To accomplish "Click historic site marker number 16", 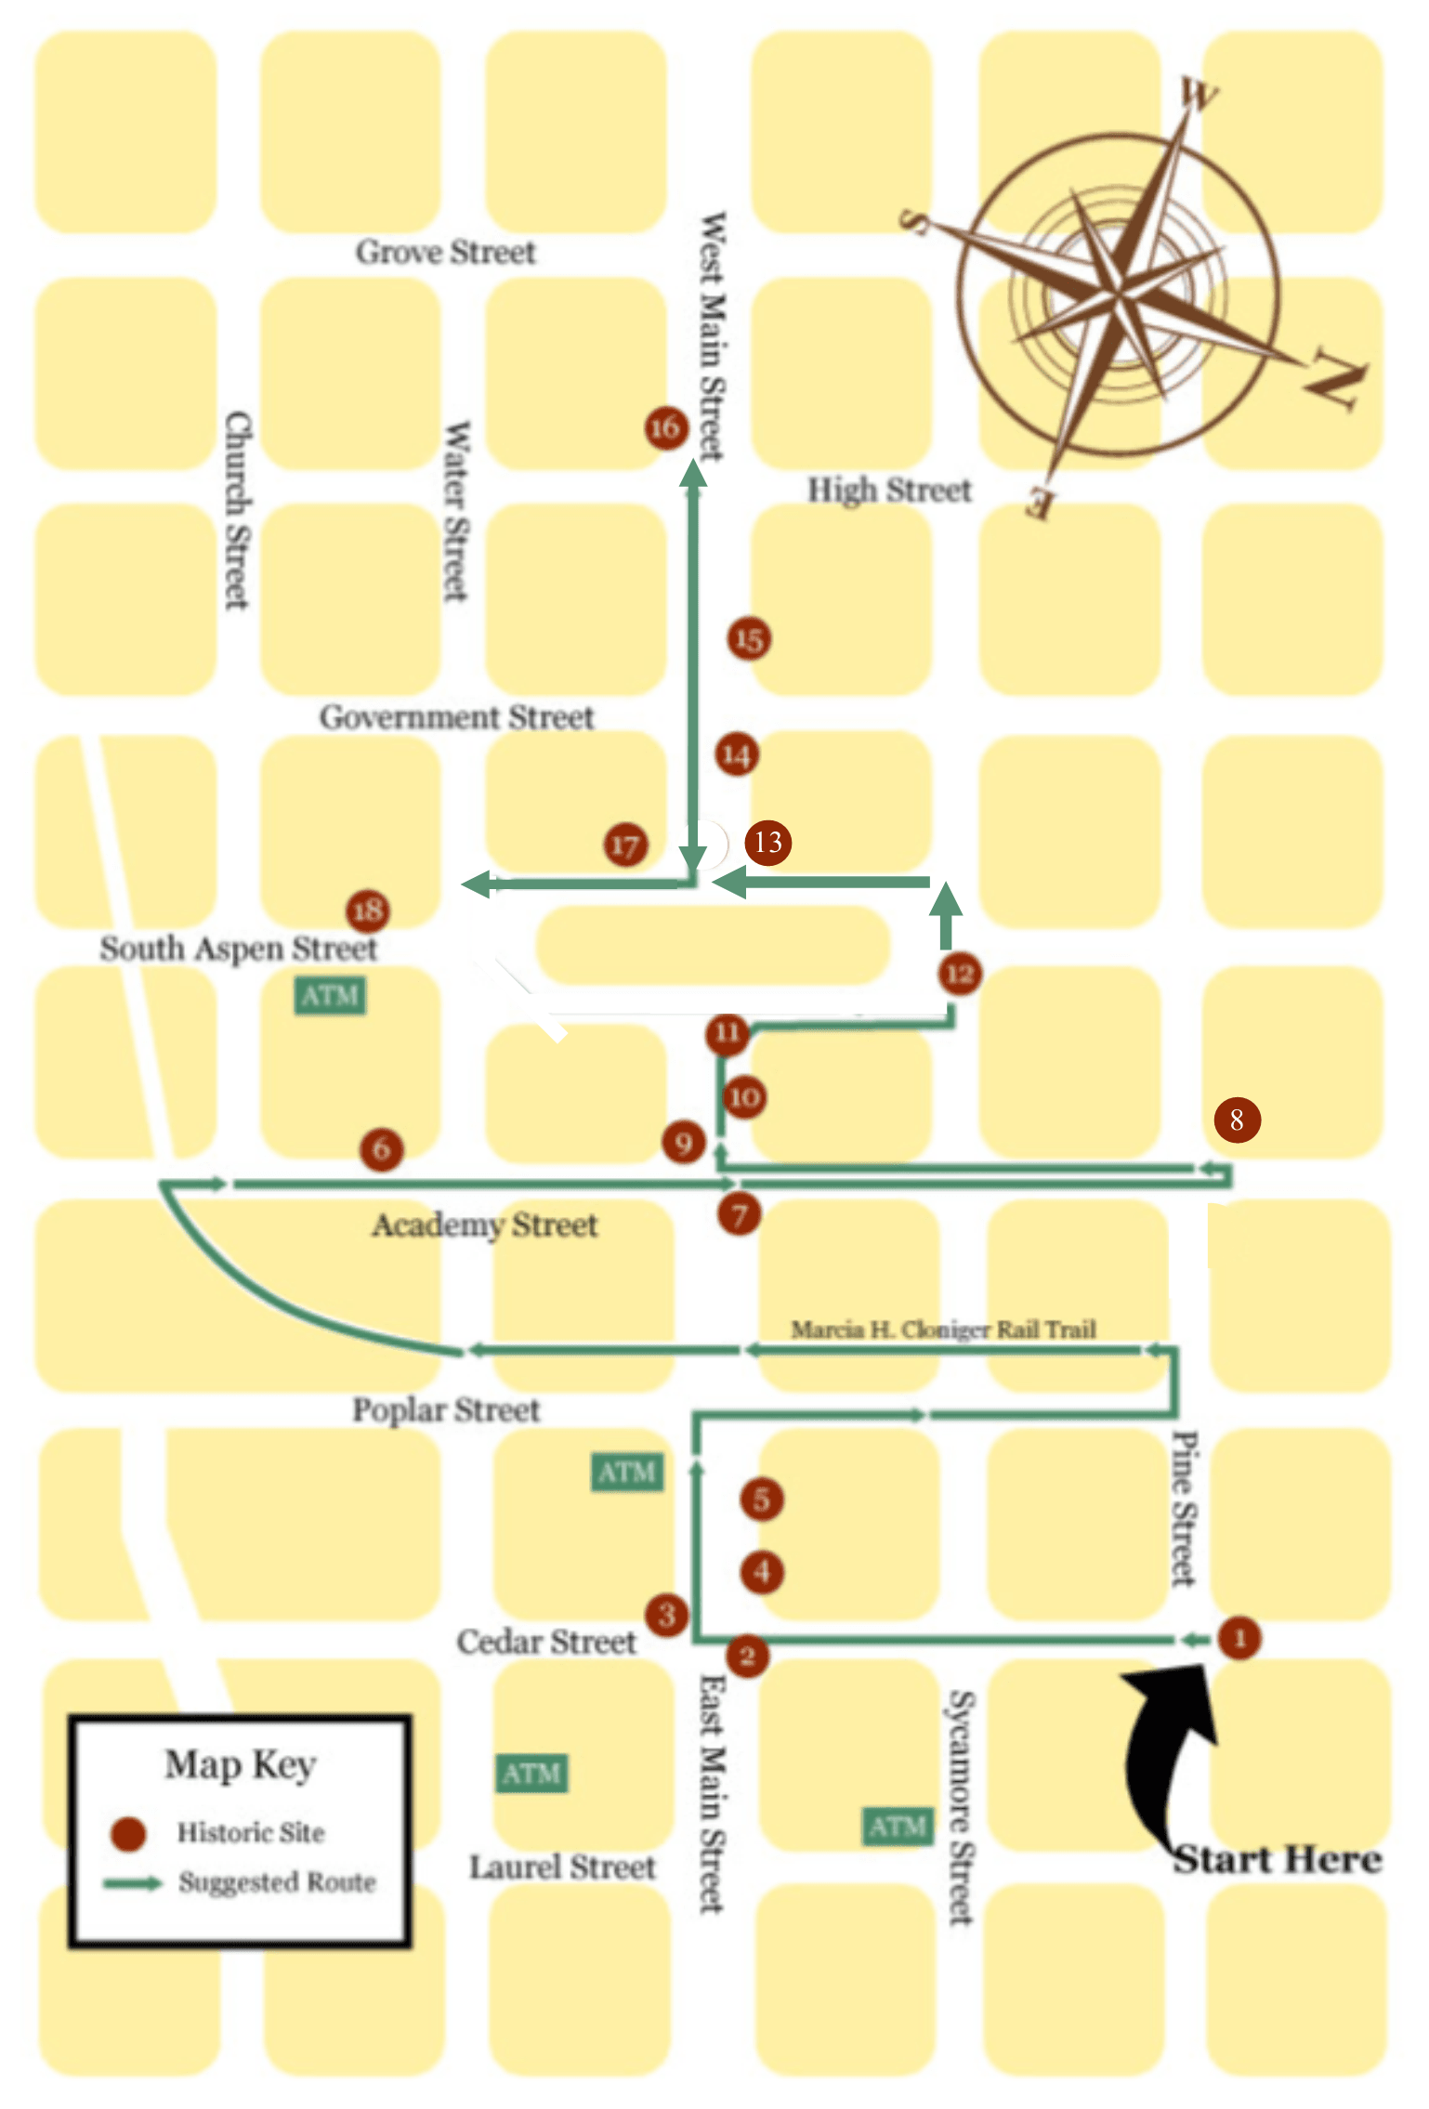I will pyautogui.click(x=665, y=427).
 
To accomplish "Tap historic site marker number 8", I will pyautogui.click(x=1237, y=1120).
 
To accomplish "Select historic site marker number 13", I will pyautogui.click(x=767, y=842).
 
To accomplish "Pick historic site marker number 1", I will pyautogui.click(x=1239, y=1637).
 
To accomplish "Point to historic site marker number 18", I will pyautogui.click(x=368, y=910).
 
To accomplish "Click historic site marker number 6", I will pyautogui.click(x=381, y=1149).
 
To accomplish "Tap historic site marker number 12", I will pyautogui.click(x=960, y=974).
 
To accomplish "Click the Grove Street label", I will pyautogui.click(x=445, y=252).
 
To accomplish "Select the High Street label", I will pyautogui.click(x=888, y=490).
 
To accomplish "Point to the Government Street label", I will pyautogui.click(x=456, y=717).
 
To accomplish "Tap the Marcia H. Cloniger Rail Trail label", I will pyautogui.click(x=943, y=1330).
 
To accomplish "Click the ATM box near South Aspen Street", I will pyautogui.click(x=330, y=996).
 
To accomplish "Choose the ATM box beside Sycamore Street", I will pyautogui.click(x=897, y=1827).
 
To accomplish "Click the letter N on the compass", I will pyautogui.click(x=1336, y=377).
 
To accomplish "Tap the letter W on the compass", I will pyautogui.click(x=1199, y=95).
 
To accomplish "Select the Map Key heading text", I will pyautogui.click(x=241, y=1763).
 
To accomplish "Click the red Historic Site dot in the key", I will pyautogui.click(x=128, y=1833).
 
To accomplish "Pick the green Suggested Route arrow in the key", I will pyautogui.click(x=133, y=1882).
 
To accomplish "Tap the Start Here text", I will pyautogui.click(x=1278, y=1859).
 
